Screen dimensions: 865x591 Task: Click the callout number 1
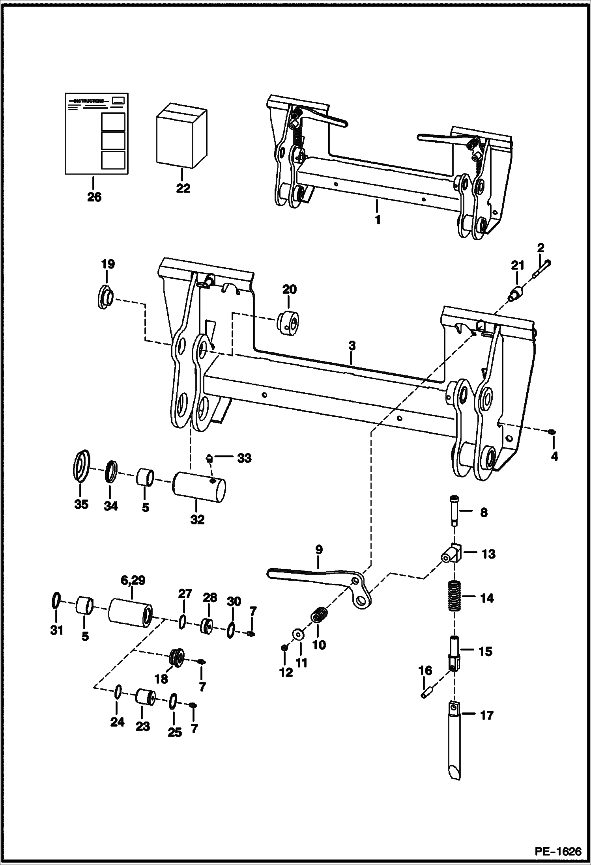click(378, 220)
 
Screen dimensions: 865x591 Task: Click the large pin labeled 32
click(199, 487)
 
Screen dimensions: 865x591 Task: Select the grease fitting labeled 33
click(210, 459)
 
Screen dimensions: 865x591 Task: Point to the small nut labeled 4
click(552, 433)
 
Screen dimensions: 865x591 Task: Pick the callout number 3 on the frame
click(352, 346)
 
